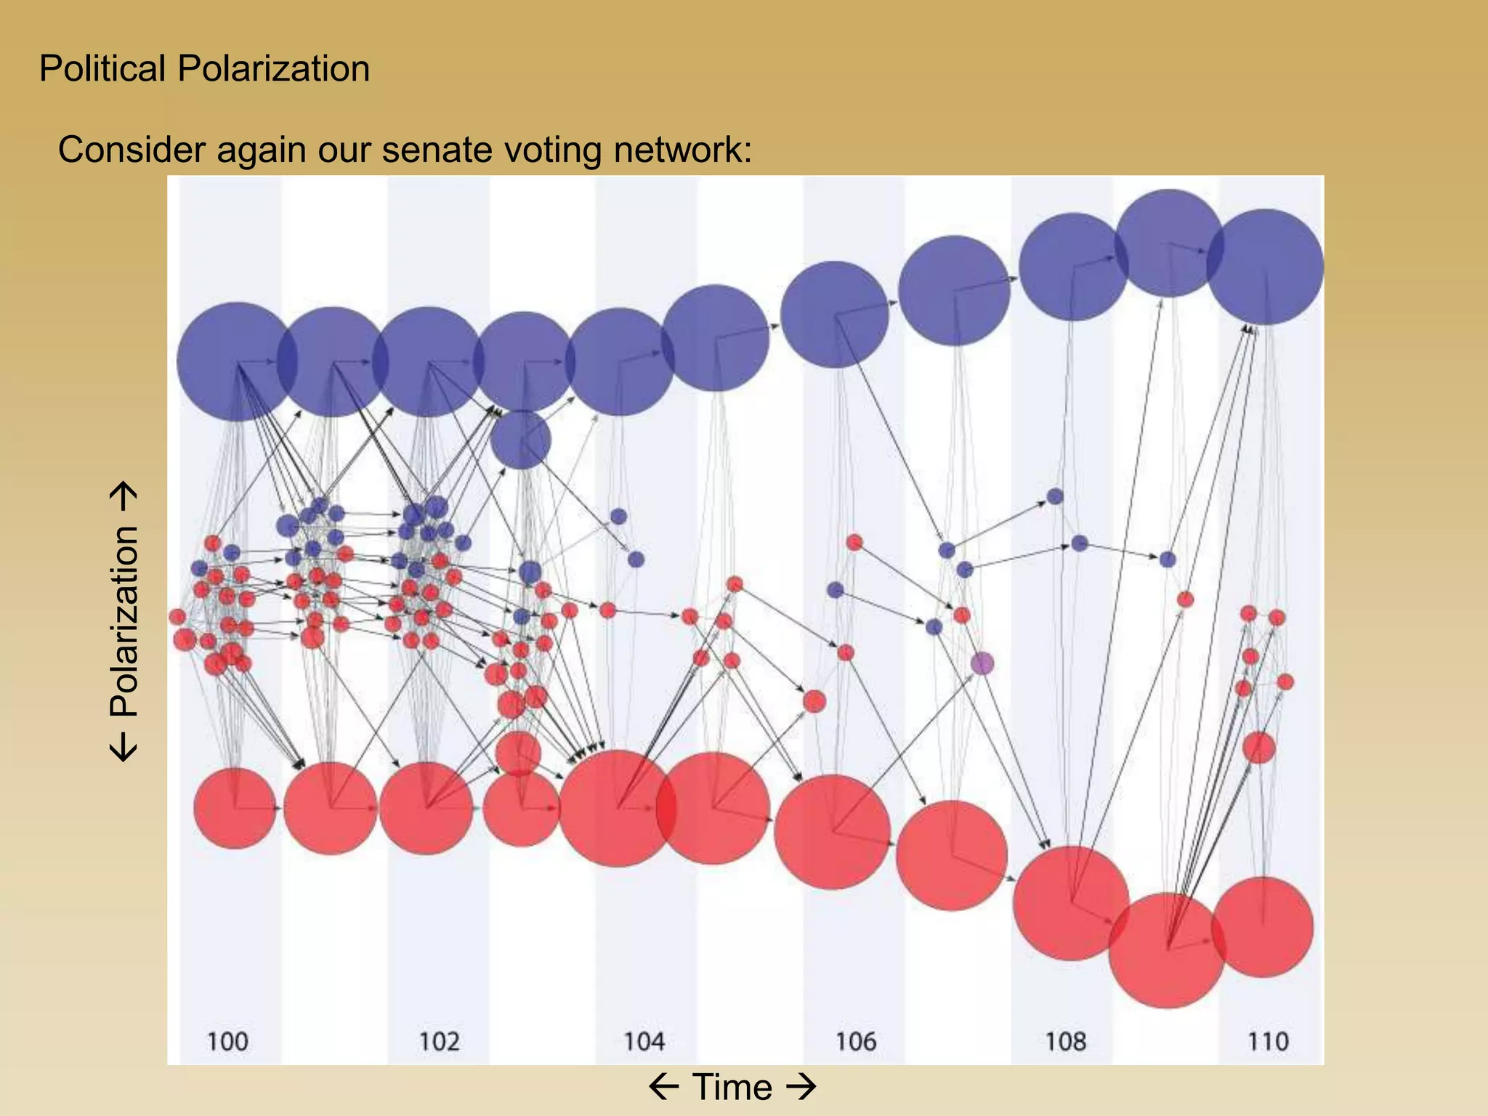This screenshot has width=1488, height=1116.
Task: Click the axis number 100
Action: click(227, 1041)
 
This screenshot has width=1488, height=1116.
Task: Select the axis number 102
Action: click(439, 1041)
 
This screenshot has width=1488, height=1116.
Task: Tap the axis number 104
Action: click(644, 1041)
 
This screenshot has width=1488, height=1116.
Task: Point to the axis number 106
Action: click(855, 1041)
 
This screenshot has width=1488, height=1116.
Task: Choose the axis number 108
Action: click(1065, 1041)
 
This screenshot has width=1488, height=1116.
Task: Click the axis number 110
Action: click(1268, 1041)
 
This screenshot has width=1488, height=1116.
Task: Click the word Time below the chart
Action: click(732, 1088)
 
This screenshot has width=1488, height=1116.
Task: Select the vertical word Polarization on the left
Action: click(124, 621)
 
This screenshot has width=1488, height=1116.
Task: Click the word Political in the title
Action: click(102, 69)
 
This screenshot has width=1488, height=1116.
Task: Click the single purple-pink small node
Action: click(982, 663)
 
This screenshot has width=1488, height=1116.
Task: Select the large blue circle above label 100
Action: click(235, 361)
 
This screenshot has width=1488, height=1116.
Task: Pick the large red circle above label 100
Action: click(235, 808)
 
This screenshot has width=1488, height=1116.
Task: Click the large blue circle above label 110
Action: click(1266, 267)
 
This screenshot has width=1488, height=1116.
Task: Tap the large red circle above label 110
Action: click(1263, 926)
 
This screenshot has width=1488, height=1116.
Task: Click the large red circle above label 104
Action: click(617, 808)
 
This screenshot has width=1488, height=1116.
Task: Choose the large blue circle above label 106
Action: click(835, 314)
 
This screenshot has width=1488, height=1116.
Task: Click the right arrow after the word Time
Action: click(801, 1088)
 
